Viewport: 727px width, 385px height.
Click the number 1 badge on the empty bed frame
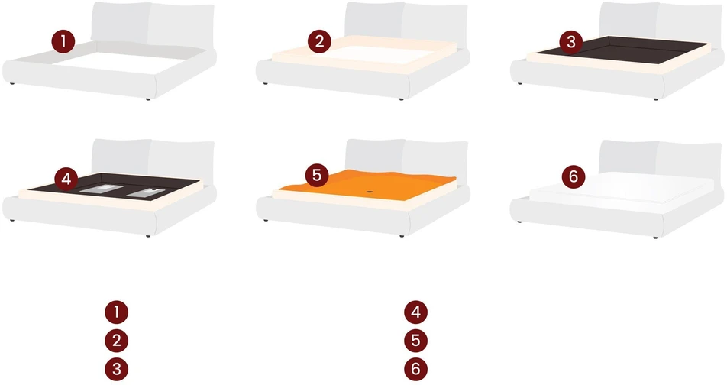(63, 42)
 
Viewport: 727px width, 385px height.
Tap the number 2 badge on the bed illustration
(319, 41)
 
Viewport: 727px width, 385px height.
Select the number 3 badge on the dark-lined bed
(571, 42)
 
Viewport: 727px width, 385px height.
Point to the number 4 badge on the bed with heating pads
(66, 179)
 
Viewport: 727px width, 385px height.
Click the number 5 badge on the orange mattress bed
(317, 176)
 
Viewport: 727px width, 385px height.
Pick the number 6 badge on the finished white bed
(574, 176)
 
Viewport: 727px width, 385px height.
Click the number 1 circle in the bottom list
(116, 312)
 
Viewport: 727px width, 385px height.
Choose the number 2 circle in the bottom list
(116, 341)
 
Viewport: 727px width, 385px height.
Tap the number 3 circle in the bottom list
(116, 369)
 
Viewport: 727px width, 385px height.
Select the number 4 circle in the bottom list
(415, 312)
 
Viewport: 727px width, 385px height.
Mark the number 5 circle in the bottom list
(415, 341)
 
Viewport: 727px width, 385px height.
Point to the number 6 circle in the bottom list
(415, 369)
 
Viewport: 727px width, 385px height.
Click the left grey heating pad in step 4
(101, 189)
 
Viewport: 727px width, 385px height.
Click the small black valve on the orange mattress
(370, 191)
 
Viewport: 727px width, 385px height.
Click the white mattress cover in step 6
(622, 189)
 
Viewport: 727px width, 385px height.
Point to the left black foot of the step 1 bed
(11, 84)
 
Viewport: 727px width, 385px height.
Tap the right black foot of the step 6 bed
(655, 238)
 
